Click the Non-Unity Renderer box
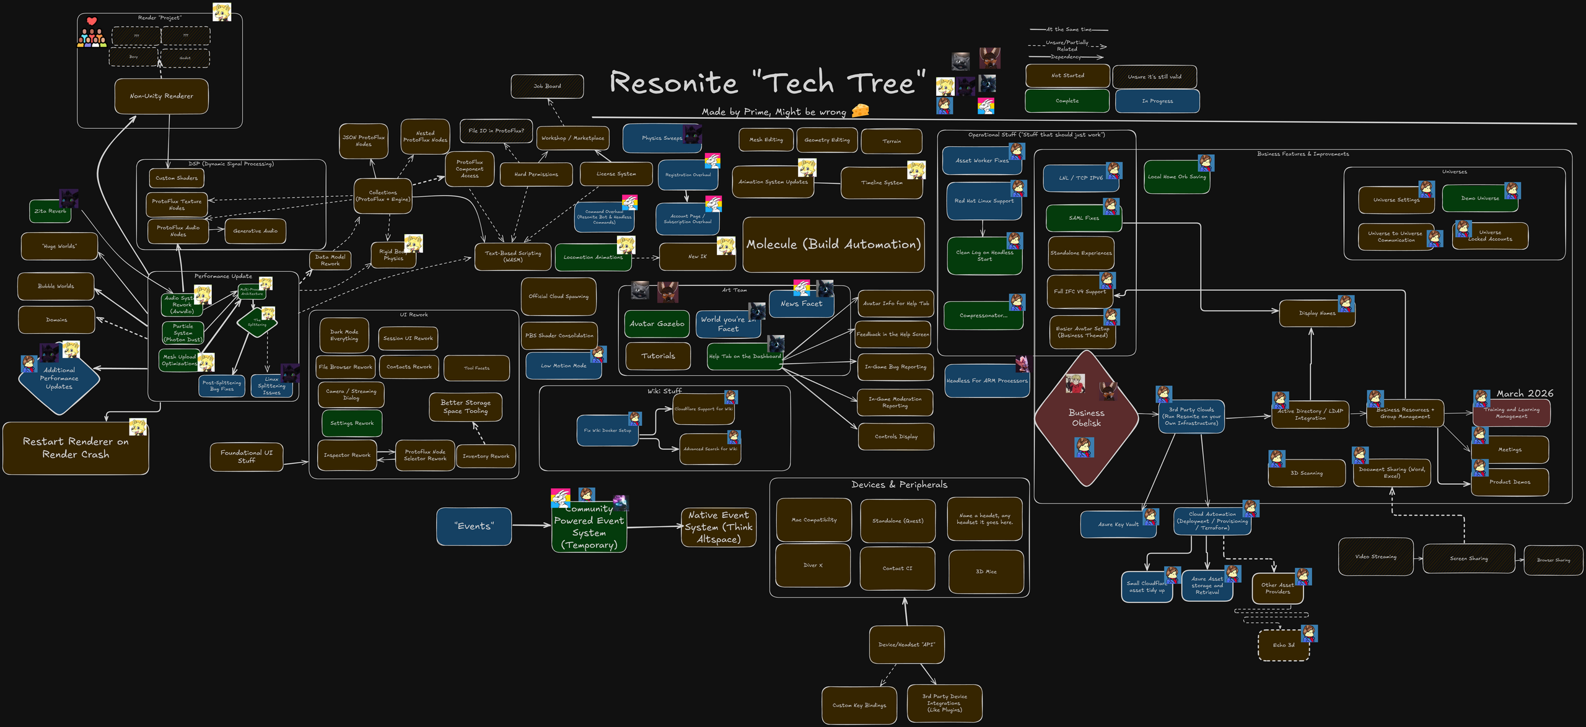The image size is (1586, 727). (x=161, y=96)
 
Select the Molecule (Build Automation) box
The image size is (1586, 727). (x=833, y=245)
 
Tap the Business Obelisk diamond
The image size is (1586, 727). (x=1086, y=418)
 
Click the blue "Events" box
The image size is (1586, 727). (x=474, y=526)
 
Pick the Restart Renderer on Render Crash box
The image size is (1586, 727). (x=76, y=448)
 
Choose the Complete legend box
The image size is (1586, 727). (x=1067, y=101)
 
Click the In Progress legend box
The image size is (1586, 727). (x=1157, y=101)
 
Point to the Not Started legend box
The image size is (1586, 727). (x=1067, y=76)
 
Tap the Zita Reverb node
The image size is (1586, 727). (x=50, y=211)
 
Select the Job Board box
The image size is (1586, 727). (x=547, y=86)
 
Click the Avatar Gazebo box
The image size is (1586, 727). (x=657, y=324)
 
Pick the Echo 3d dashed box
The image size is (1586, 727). (x=1283, y=645)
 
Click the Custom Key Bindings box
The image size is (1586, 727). (x=859, y=705)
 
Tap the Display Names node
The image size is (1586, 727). (x=1317, y=313)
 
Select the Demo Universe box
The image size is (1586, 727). (x=1479, y=199)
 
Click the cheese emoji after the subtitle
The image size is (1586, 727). (x=860, y=110)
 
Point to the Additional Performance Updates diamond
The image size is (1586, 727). (x=59, y=378)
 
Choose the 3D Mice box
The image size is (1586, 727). (x=986, y=572)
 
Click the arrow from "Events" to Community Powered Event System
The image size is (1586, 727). (x=531, y=525)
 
